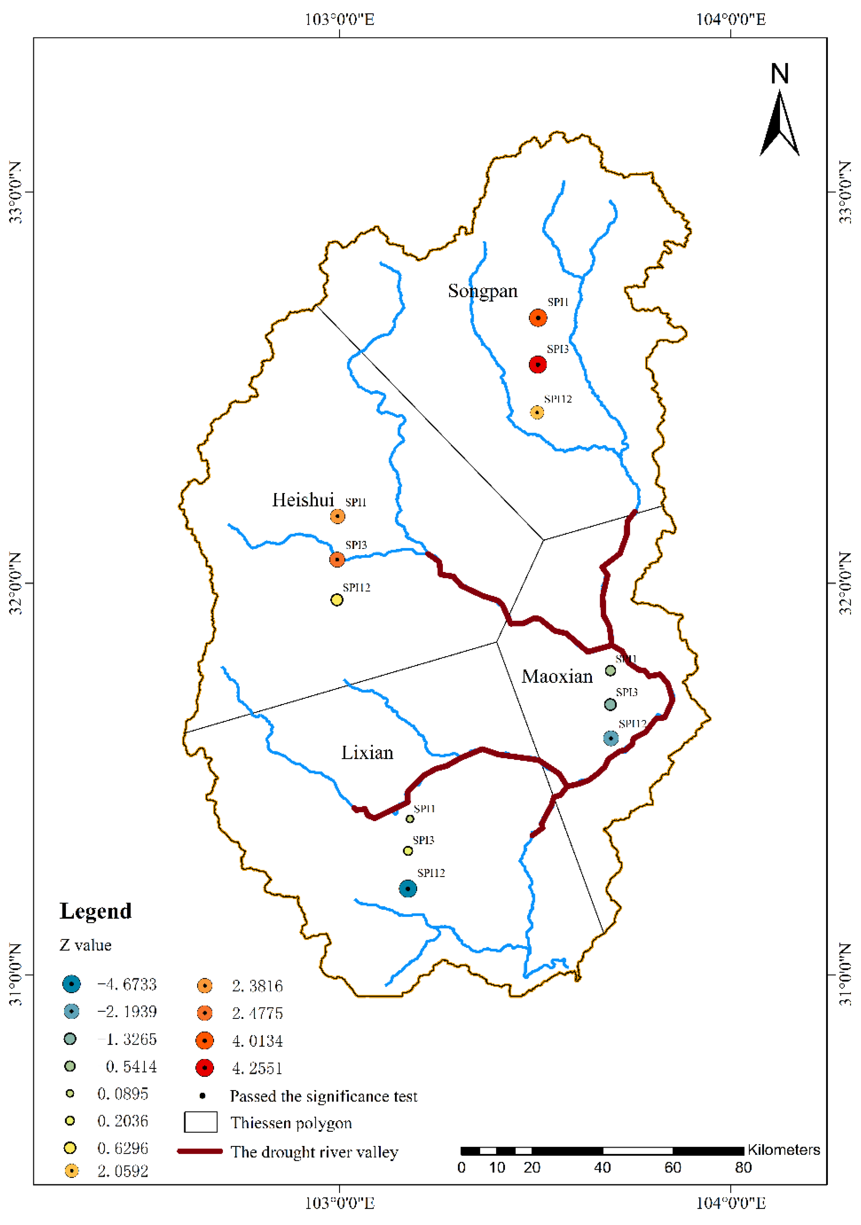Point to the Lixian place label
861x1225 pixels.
coord(367,753)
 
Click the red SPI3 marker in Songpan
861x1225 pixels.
coord(538,365)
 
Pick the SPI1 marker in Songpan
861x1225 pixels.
coord(538,318)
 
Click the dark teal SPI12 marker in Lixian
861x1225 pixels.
coord(408,888)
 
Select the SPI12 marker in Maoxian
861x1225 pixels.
coord(611,738)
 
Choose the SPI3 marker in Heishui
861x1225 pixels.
coord(337,559)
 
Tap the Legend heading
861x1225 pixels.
coord(96,911)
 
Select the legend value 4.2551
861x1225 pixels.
coord(257,1068)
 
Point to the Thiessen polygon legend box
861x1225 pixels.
coord(201,1122)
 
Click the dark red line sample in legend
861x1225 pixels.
coord(200,1151)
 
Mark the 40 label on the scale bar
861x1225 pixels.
coord(602,1168)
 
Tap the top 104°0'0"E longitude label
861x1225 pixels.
coord(730,20)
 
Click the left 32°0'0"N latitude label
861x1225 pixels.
coord(16,583)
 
